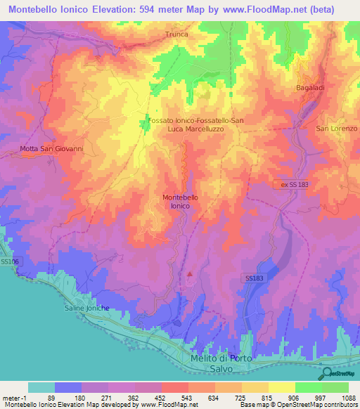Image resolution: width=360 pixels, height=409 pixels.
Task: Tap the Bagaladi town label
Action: [x=306, y=89]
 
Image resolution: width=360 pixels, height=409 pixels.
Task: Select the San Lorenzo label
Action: [x=336, y=128]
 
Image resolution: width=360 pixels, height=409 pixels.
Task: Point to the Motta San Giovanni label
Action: [x=42, y=148]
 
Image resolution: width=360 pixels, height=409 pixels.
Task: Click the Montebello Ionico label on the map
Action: [x=180, y=202]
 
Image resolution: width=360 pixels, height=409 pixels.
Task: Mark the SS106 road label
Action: [x=9, y=261]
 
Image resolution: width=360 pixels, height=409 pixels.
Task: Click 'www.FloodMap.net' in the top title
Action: [x=265, y=9]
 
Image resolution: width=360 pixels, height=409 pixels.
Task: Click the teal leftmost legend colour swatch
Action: [x=41, y=387]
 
